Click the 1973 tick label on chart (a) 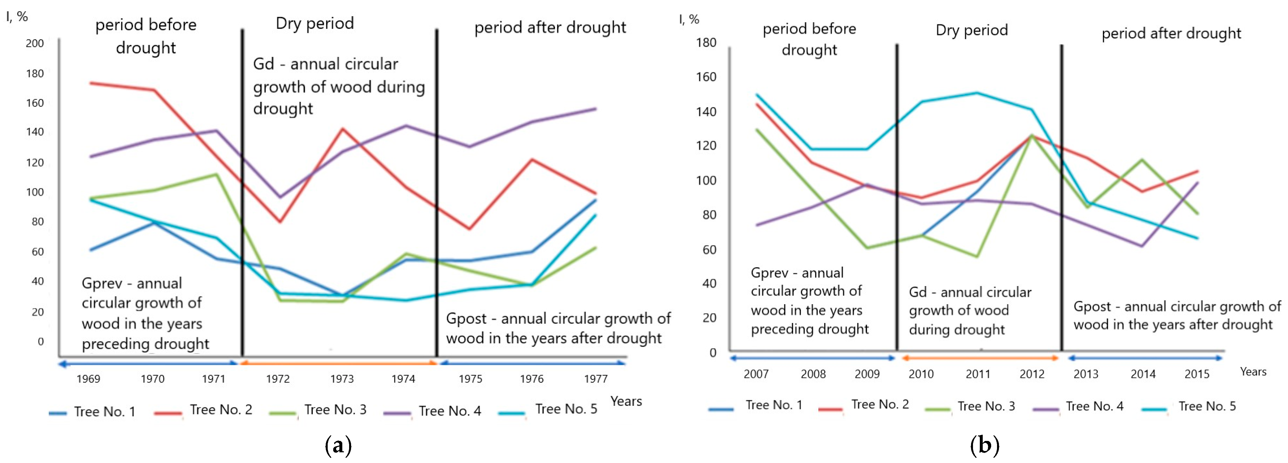[342, 379]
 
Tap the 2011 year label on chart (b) [978, 374]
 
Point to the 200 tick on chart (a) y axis [35, 44]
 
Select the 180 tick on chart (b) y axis [706, 43]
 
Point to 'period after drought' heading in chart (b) [1171, 33]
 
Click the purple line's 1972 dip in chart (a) [280, 197]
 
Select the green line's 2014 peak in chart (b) [1142, 160]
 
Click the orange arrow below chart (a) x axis [339, 364]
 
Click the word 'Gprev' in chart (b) [769, 273]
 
